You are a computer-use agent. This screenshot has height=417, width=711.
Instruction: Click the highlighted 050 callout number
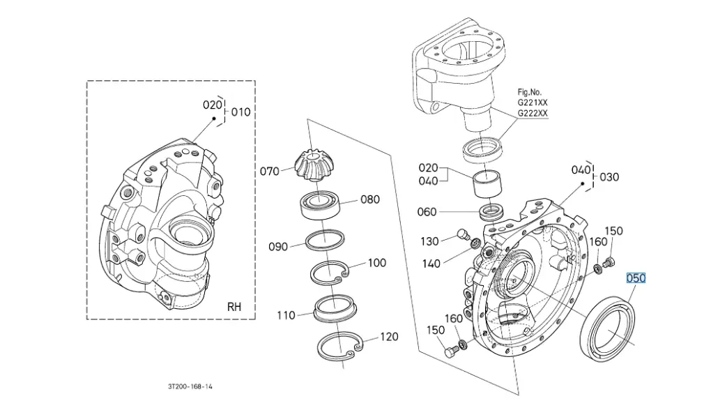636,278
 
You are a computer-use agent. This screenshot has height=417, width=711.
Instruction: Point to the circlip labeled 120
339,346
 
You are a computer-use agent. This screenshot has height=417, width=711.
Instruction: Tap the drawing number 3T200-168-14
190,386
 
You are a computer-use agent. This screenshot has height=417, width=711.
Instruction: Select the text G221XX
532,103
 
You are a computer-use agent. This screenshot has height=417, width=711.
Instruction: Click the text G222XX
532,113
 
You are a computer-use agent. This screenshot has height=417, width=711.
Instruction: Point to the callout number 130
429,241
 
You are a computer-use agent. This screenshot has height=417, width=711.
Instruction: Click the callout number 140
432,264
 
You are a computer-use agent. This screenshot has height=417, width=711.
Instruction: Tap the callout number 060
427,212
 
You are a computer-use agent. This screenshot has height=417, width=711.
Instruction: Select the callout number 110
286,315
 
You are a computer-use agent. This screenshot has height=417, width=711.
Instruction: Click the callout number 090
278,246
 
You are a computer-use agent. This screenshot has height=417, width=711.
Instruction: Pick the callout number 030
609,177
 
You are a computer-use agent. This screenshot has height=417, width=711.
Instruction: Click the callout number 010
240,112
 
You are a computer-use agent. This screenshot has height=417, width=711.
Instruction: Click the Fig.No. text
529,91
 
